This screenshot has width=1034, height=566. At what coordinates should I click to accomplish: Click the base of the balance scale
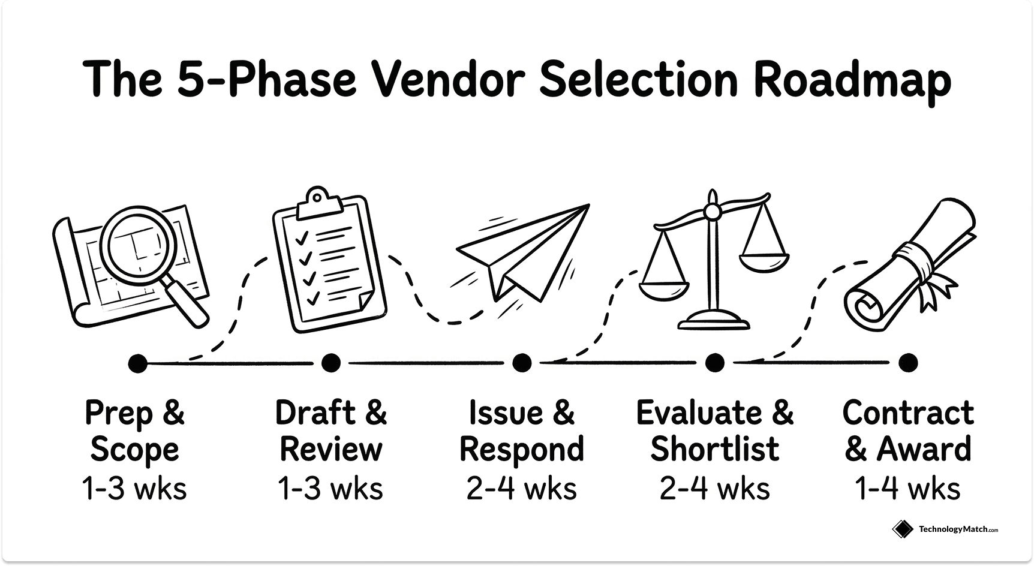click(714, 320)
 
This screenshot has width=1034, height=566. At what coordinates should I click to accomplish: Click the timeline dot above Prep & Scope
click(137, 363)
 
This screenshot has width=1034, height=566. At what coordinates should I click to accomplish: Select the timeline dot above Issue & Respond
click(522, 363)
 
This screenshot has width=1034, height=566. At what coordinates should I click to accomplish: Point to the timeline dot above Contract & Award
click(908, 363)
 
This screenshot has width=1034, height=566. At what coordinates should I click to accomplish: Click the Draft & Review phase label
click(330, 431)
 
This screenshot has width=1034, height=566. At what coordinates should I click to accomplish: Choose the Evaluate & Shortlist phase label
click(714, 431)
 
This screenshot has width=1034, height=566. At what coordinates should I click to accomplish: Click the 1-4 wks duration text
click(908, 489)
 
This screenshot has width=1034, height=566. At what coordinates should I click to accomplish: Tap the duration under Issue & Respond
click(522, 489)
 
